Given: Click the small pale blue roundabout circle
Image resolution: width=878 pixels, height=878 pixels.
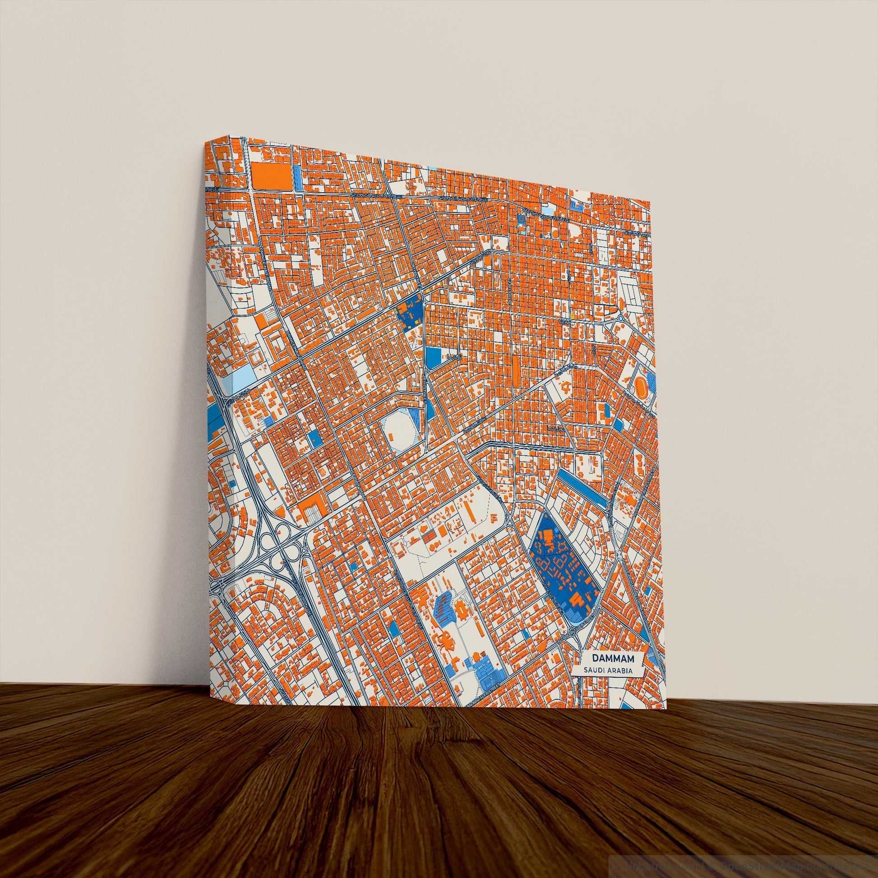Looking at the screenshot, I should coord(621,319).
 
